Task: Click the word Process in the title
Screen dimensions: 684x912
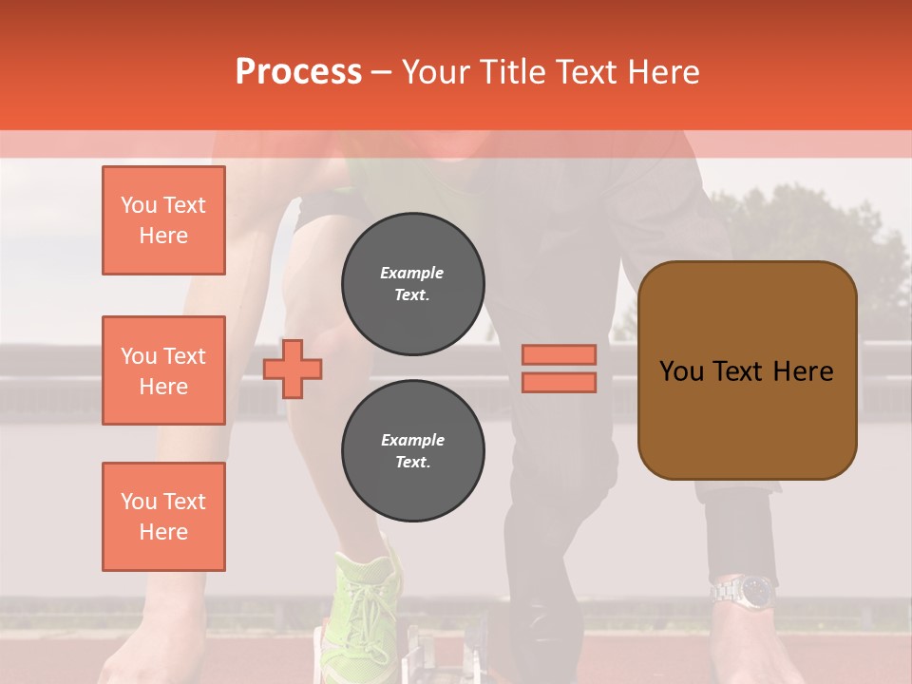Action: coord(298,72)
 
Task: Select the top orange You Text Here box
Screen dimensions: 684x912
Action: coord(163,220)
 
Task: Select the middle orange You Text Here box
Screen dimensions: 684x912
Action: coord(163,370)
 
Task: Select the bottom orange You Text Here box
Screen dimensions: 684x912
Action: coord(163,517)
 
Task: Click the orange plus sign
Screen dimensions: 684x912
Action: coord(293,369)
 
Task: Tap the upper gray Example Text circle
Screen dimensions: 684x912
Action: coord(412,284)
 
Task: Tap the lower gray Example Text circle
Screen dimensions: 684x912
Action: coord(412,451)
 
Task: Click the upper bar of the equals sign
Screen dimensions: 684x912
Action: coord(560,354)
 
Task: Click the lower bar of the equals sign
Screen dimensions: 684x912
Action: coord(560,382)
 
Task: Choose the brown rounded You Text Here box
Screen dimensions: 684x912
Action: coord(747,370)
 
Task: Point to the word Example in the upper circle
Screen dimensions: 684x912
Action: coord(412,273)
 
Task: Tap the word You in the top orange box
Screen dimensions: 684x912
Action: coord(139,205)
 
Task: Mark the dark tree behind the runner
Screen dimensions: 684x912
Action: coord(807,237)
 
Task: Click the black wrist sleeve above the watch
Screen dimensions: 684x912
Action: coord(739,532)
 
